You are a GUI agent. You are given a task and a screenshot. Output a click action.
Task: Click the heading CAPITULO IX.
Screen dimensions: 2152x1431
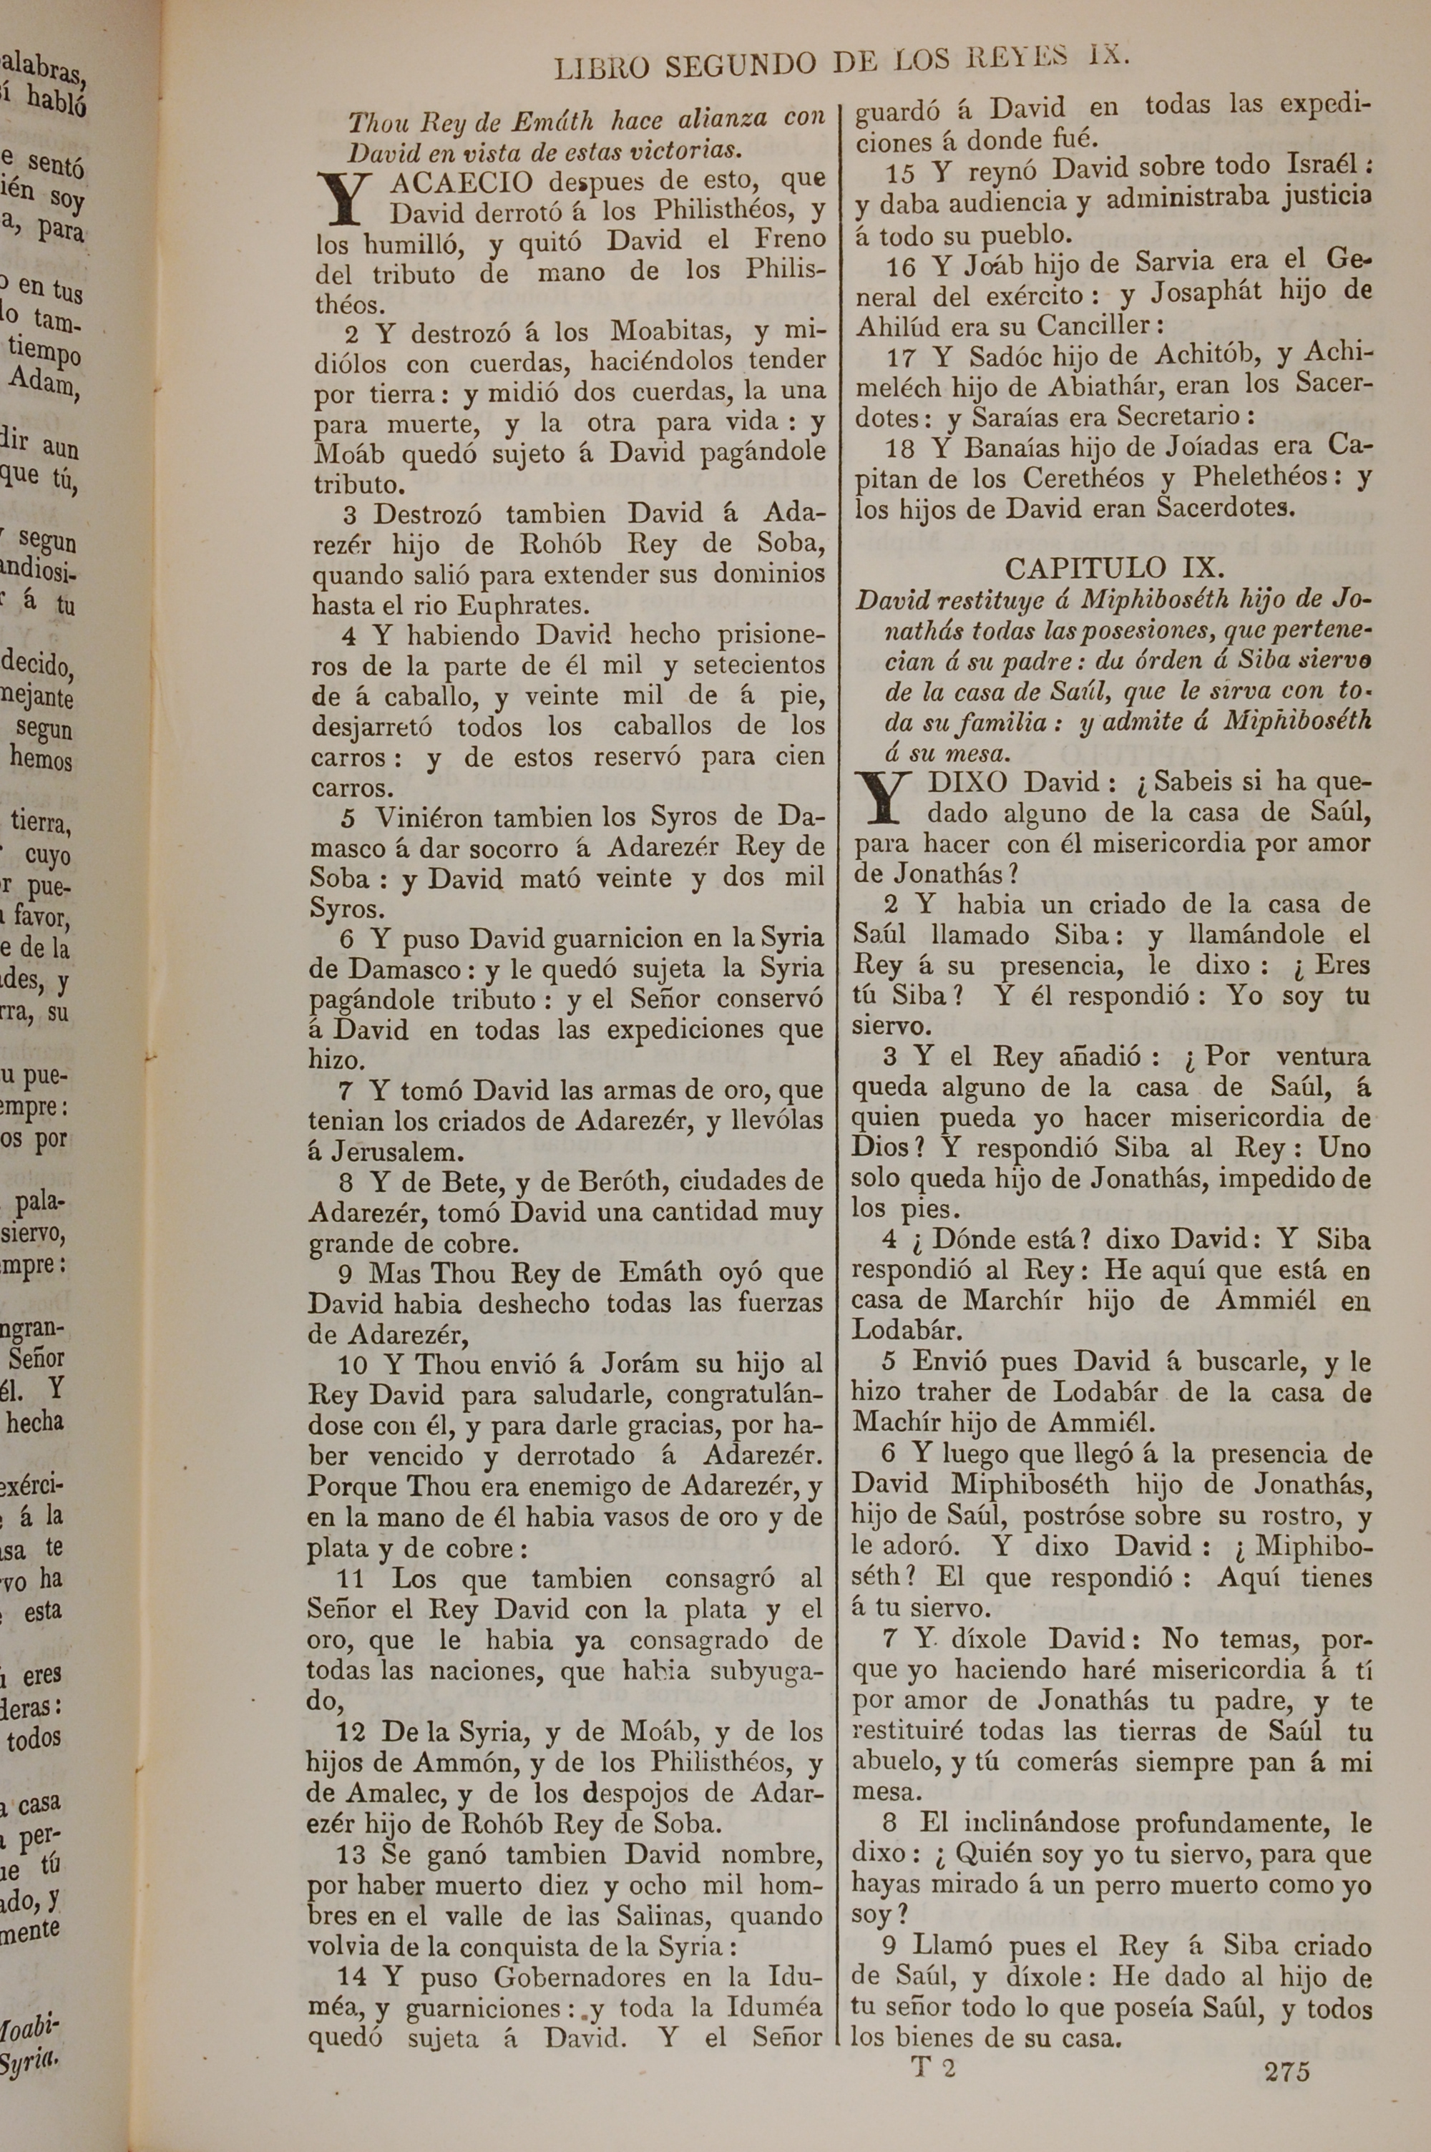[x=1113, y=567]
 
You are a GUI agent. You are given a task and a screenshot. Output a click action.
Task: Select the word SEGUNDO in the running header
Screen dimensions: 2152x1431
[x=740, y=66]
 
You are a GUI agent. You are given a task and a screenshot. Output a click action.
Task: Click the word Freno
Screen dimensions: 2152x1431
[x=788, y=239]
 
